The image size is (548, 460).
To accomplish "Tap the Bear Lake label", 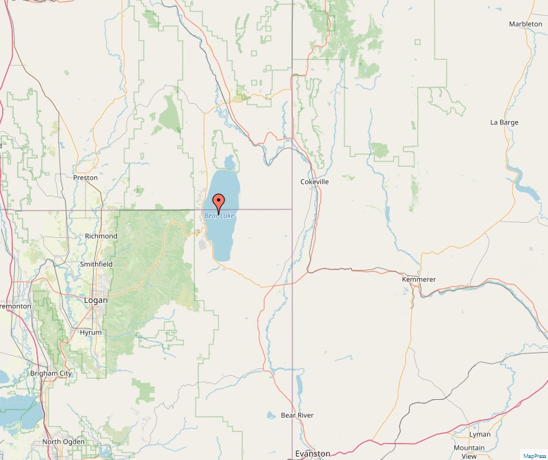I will pos(219,216).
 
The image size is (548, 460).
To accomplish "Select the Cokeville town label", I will pos(315,182).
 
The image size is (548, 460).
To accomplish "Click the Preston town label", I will pos(86,178).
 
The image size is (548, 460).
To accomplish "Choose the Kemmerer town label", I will pos(418,280).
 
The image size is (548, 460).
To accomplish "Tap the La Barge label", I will pos(504,122).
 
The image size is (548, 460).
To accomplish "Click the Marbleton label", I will pos(525,24).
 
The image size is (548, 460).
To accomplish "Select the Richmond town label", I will pos(101,236).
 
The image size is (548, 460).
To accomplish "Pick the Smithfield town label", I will pos(96,264).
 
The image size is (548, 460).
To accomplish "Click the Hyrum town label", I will pos(90,332).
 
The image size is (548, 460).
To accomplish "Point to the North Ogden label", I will pos(64,442).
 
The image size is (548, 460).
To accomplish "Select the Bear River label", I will pos(297,415).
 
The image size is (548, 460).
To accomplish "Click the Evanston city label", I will pos(312,454).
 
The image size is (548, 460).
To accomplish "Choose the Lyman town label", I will pos(480,435).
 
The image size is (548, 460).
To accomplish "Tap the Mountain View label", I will pos(469,452).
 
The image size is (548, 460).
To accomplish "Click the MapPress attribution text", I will pos(534,455).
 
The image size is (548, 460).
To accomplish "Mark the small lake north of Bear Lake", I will pos(227,163).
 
